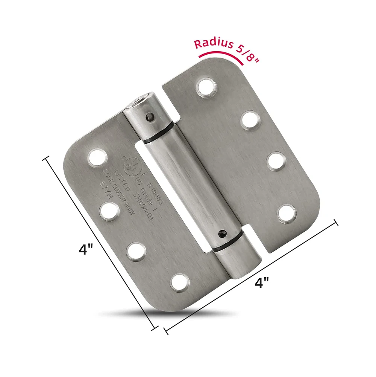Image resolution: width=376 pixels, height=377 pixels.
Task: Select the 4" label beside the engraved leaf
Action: [86, 249]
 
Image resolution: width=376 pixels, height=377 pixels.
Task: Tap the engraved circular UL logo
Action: [129, 165]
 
